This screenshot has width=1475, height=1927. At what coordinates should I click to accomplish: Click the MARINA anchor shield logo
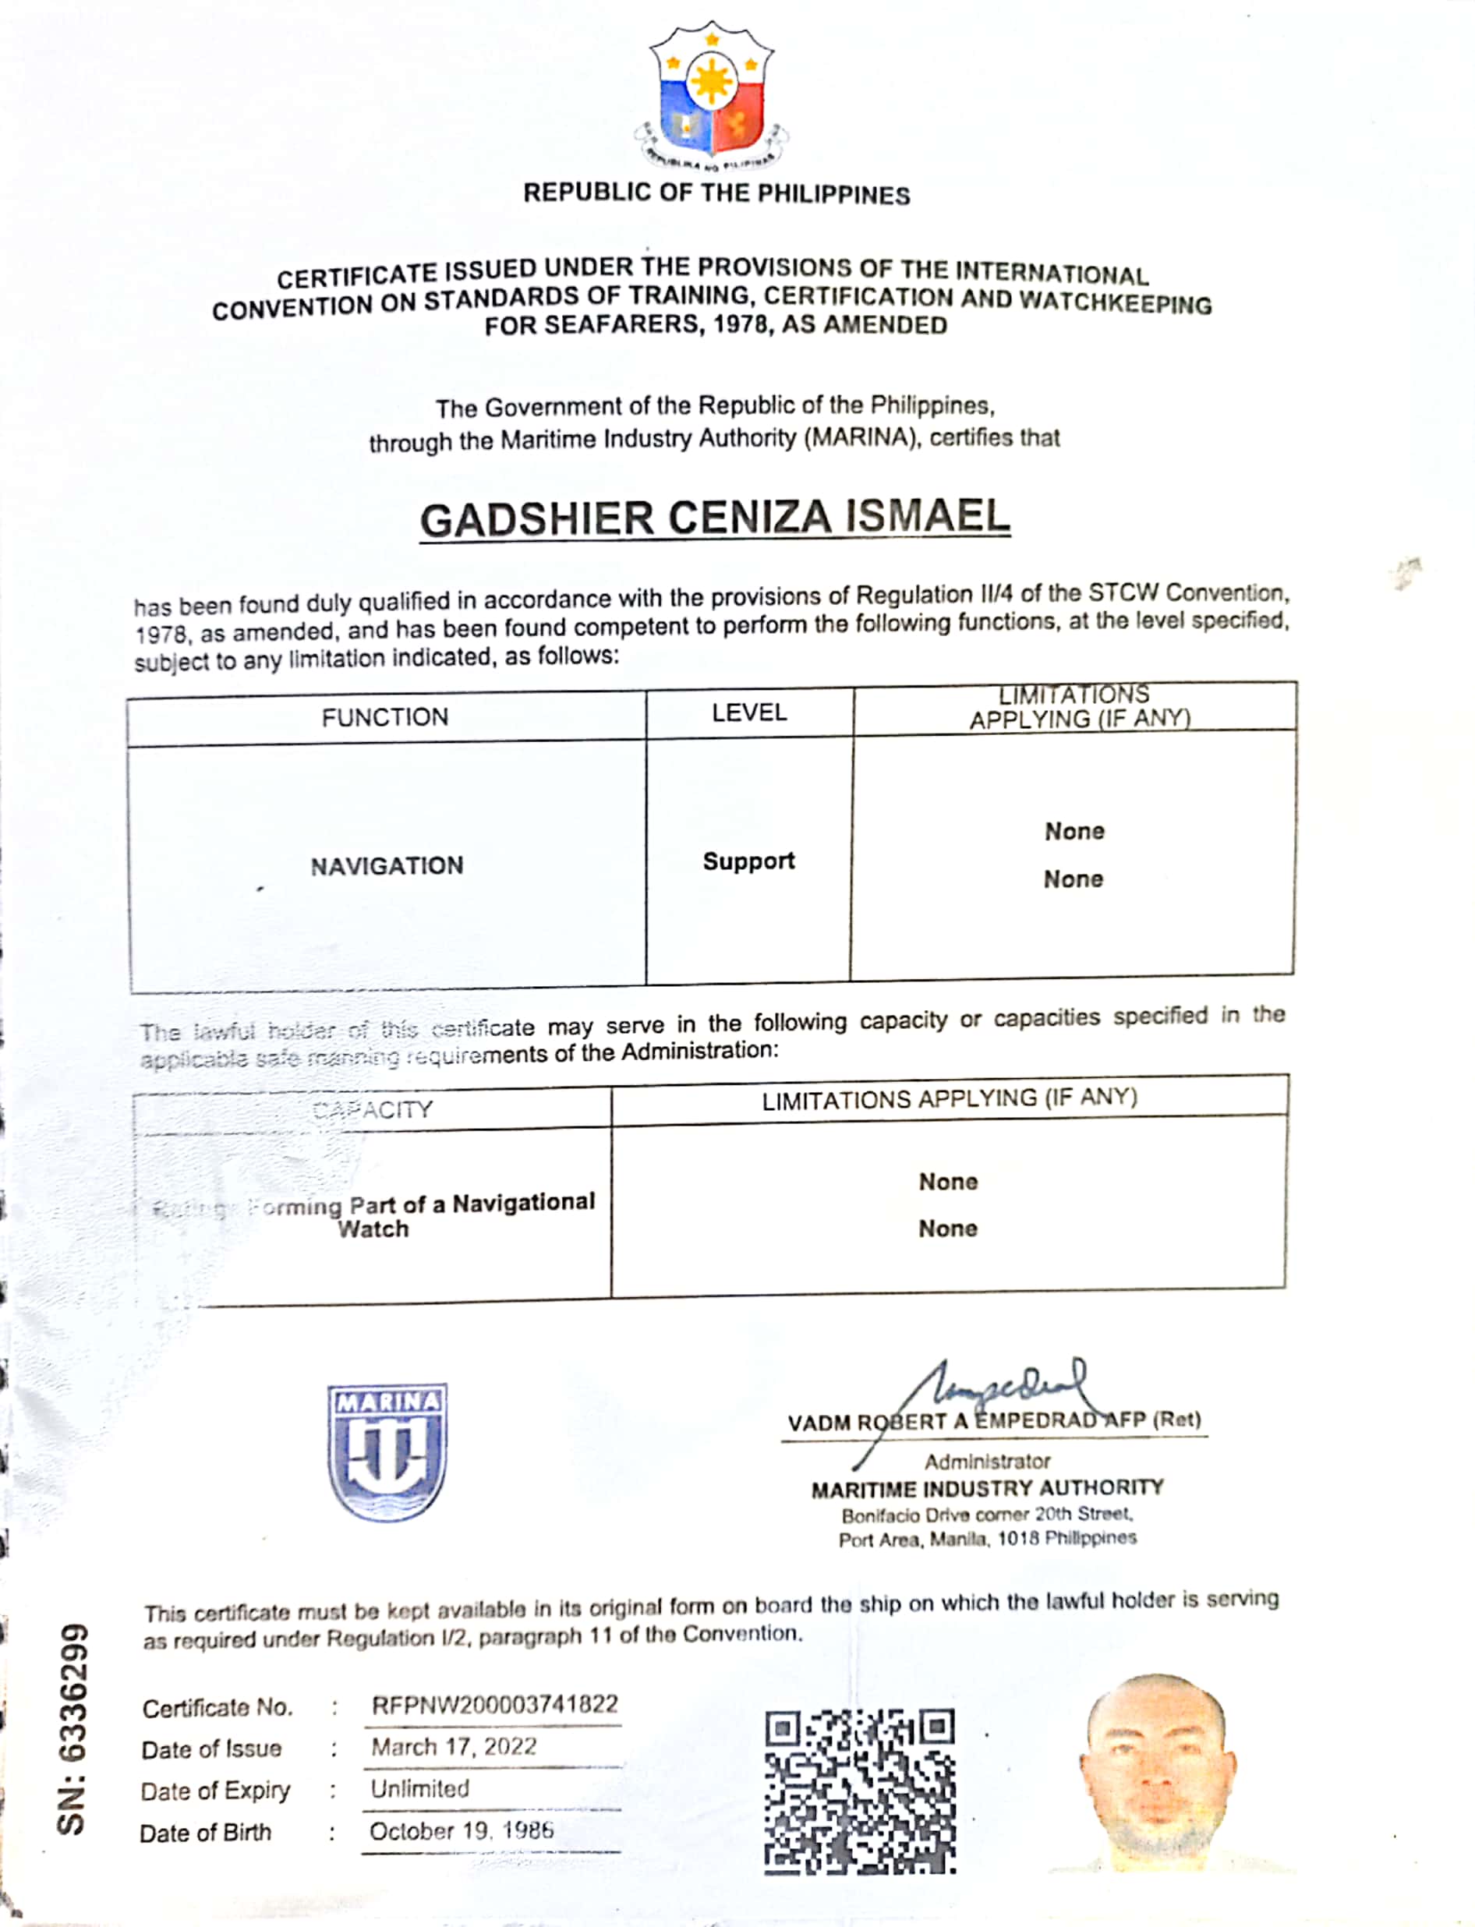pos(387,1452)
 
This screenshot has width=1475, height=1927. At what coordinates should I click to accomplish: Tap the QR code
pos(860,1791)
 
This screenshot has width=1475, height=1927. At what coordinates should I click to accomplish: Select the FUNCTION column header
pos(384,717)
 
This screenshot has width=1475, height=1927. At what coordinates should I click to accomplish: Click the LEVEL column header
pos(749,712)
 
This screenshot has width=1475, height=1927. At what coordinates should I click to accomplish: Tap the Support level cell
pos(749,861)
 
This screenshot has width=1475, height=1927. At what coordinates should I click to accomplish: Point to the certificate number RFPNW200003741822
pos(495,1705)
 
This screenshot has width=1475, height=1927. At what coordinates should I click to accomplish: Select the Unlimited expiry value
pos(419,1788)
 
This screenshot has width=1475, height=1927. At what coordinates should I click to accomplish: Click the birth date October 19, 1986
pos(461,1830)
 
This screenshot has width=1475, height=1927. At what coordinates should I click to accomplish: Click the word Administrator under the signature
pos(987,1462)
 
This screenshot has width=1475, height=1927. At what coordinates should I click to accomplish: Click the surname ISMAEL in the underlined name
pos(927,516)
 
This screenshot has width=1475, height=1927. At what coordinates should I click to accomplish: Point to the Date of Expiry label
pos(215,1790)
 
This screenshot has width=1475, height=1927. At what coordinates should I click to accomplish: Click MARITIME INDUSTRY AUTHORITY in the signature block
pos(987,1489)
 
